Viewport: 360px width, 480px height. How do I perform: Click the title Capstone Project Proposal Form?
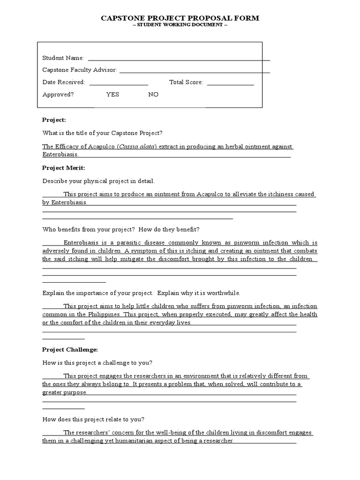(x=180, y=18)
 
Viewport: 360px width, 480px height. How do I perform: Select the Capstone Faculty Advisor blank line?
(x=195, y=71)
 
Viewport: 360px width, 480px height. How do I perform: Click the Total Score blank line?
(x=230, y=83)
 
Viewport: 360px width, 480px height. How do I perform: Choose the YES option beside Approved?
(x=112, y=94)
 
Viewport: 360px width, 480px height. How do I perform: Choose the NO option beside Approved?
(x=153, y=94)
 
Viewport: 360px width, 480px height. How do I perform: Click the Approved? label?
(x=58, y=94)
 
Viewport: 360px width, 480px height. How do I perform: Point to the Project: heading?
(x=54, y=120)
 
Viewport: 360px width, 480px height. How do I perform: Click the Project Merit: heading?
(x=64, y=168)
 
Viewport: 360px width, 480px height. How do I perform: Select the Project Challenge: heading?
(x=70, y=350)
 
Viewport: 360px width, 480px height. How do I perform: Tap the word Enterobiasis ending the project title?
(x=60, y=154)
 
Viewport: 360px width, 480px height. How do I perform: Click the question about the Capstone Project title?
(x=103, y=133)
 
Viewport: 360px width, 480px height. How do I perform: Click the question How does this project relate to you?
(x=93, y=420)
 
